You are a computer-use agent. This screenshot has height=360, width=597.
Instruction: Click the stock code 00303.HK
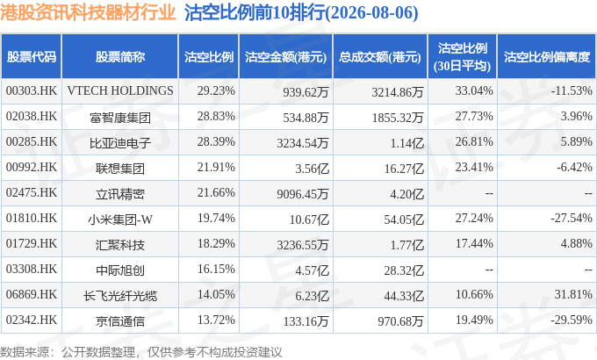pyautogui.click(x=32, y=90)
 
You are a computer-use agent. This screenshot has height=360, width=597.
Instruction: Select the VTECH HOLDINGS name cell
pyautogui.click(x=120, y=90)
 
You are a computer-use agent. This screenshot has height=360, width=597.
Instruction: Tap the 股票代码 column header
pyautogui.click(x=32, y=57)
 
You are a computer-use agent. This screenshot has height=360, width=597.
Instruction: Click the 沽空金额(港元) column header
pyautogui.click(x=285, y=57)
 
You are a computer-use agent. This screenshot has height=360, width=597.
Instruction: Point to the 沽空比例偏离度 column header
pyautogui.click(x=547, y=57)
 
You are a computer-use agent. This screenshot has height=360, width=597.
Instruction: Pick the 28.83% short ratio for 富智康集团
pyautogui.click(x=216, y=116)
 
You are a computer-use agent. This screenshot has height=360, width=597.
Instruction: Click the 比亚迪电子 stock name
pyautogui.click(x=120, y=143)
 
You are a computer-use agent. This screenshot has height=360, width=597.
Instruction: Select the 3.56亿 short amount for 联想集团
pyautogui.click(x=312, y=169)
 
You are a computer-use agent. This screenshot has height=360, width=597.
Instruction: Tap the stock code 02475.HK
pyautogui.click(x=32, y=193)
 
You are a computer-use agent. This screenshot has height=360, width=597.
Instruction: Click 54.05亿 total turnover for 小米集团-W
pyautogui.click(x=404, y=220)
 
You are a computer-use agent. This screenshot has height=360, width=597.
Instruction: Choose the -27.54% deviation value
pyautogui.click(x=572, y=218)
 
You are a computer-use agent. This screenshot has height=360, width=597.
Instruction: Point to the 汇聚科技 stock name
pyautogui.click(x=120, y=245)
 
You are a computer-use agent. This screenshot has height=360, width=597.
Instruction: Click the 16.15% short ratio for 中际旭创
pyautogui.click(x=216, y=269)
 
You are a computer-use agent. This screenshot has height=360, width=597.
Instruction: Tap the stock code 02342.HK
pyautogui.click(x=32, y=320)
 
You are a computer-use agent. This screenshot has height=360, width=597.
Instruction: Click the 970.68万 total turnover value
pyautogui.click(x=400, y=321)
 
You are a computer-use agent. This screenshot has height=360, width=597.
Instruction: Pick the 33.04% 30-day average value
pyautogui.click(x=474, y=90)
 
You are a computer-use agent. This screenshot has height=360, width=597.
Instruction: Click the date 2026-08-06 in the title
pyautogui.click(x=373, y=13)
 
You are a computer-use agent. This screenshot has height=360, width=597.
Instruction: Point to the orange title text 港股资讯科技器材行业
pyautogui.click(x=88, y=12)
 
